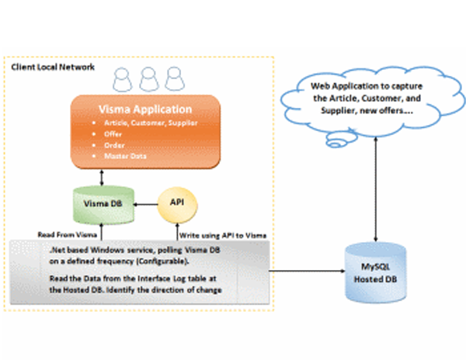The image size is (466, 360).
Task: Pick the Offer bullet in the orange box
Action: point(116,133)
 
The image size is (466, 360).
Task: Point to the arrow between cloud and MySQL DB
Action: point(376,186)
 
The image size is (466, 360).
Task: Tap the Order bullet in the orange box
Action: point(117,144)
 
